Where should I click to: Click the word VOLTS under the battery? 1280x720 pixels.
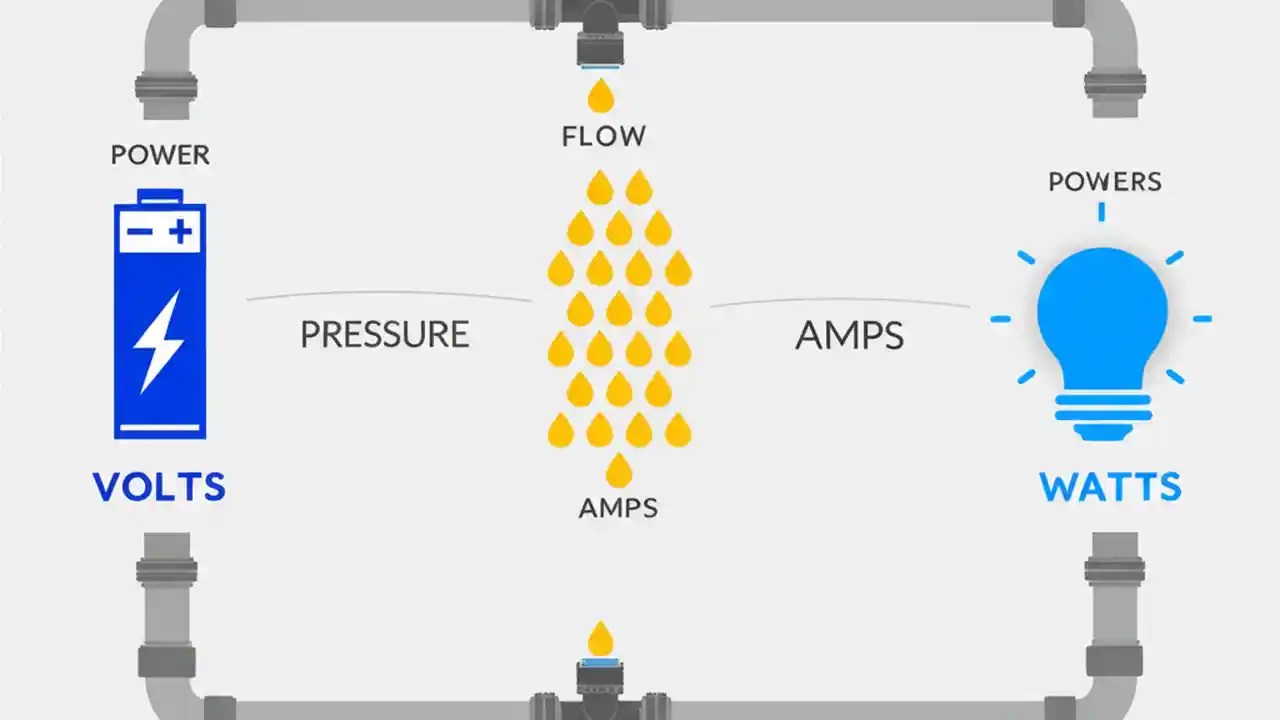click(159, 487)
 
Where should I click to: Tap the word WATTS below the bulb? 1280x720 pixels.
click(1110, 487)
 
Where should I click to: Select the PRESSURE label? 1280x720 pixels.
click(385, 334)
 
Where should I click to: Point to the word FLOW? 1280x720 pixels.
click(603, 136)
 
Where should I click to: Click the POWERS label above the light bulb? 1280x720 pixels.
click(1104, 182)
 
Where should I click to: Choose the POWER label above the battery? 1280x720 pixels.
click(160, 155)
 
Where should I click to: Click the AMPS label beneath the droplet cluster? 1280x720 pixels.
click(618, 507)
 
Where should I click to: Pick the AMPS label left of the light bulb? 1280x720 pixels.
click(849, 336)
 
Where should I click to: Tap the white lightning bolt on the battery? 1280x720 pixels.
click(160, 340)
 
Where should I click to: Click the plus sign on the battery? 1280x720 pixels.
click(180, 233)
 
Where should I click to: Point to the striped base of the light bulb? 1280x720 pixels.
click(1102, 412)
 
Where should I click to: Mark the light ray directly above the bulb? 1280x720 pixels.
click(1102, 211)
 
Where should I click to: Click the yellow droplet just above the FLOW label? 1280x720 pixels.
click(601, 97)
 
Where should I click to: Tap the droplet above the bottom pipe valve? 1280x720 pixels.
click(600, 638)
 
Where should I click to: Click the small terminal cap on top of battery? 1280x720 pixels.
click(160, 195)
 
